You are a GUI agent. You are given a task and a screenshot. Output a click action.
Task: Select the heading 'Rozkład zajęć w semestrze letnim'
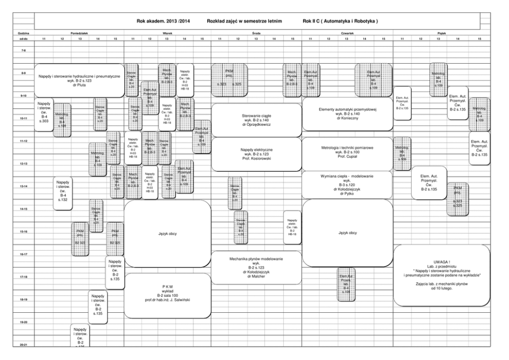click(244, 22)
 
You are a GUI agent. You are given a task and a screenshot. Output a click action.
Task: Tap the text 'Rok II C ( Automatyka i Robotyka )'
click(340, 22)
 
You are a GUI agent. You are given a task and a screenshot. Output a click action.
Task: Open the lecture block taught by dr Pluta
click(79, 80)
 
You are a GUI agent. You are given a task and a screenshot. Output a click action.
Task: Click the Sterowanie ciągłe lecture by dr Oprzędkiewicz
click(256, 120)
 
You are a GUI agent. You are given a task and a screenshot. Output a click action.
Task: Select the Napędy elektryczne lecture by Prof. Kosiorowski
click(256, 154)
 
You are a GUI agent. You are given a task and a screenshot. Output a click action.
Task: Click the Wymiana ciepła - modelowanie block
click(347, 185)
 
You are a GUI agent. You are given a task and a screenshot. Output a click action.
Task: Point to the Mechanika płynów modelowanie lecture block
click(256, 267)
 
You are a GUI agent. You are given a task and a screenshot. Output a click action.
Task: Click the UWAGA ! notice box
click(441, 275)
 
